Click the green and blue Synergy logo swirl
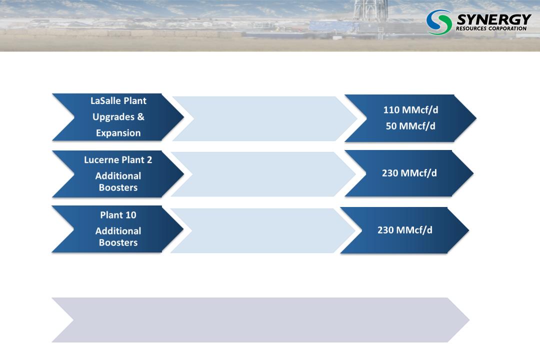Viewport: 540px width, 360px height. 439,22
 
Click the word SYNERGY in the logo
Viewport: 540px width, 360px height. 494,19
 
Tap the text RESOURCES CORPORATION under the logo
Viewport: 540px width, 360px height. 491,28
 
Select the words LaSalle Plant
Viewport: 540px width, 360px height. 118,100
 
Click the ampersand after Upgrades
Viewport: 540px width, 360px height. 140,116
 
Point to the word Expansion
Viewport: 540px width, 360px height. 118,133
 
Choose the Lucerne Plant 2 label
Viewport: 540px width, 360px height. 118,160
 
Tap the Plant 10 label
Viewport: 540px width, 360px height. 118,215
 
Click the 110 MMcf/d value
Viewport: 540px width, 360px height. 410,110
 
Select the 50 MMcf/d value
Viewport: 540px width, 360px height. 410,126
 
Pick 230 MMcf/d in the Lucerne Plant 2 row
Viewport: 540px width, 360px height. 409,173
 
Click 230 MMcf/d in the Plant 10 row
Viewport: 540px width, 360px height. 404,230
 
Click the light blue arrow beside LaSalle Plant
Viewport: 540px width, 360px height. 265,118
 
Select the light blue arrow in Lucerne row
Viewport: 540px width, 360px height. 263,174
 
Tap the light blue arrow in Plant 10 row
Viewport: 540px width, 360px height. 263,230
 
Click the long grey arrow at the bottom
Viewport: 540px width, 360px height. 260,320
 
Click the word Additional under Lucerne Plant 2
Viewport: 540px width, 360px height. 118,176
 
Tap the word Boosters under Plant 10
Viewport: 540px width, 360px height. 118,242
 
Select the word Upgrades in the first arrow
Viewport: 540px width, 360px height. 113,117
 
